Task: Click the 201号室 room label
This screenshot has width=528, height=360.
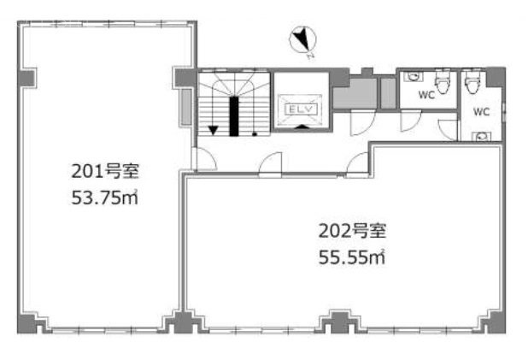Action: pyautogui.click(x=105, y=171)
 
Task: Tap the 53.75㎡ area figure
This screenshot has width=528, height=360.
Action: pyautogui.click(x=105, y=198)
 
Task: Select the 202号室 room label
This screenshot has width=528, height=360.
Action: pyautogui.click(x=352, y=231)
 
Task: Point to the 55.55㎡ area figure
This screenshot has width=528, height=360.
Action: pyautogui.click(x=352, y=257)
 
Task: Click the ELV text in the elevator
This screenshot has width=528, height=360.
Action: pyautogui.click(x=301, y=109)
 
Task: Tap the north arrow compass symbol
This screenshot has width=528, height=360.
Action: pyautogui.click(x=302, y=40)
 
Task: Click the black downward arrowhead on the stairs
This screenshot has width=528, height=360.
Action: pyautogui.click(x=213, y=130)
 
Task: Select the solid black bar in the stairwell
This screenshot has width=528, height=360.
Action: pyautogui.click(x=234, y=116)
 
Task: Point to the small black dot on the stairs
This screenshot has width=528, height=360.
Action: pyautogui.click(x=255, y=134)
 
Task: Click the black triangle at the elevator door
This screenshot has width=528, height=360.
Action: pyautogui.click(x=302, y=127)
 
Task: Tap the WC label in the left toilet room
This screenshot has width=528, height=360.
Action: pyautogui.click(x=426, y=95)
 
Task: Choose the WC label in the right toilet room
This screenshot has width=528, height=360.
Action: pyautogui.click(x=481, y=111)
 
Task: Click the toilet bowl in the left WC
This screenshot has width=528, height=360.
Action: pyautogui.click(x=442, y=81)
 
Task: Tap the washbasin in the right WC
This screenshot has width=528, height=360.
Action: pyautogui.click(x=482, y=137)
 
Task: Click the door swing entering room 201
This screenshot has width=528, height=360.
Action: pyautogui.click(x=204, y=159)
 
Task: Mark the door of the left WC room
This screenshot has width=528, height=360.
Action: pyautogui.click(x=411, y=121)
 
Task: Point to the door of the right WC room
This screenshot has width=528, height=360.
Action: pyautogui.click(x=448, y=130)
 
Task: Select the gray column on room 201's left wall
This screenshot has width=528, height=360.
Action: pyautogui.click(x=27, y=78)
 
